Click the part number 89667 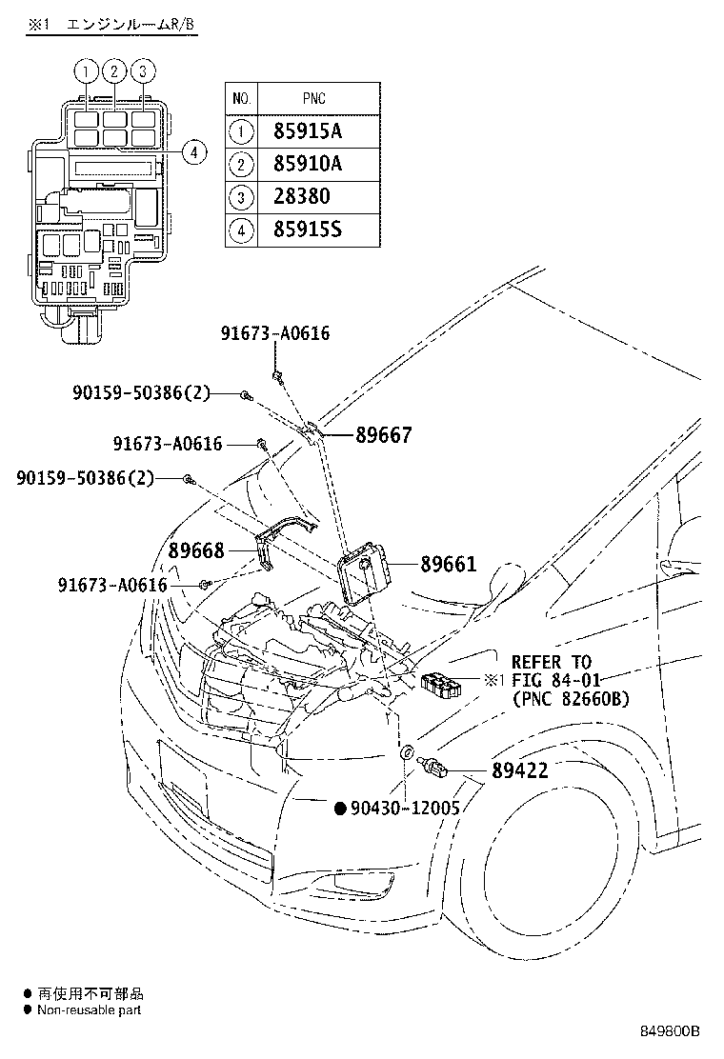[384, 435]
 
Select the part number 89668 [196, 551]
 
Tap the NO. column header [241, 98]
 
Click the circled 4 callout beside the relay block [193, 151]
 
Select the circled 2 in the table [241, 165]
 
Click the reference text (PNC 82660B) [570, 699]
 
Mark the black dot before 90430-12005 [339, 809]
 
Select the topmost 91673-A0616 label [275, 333]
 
